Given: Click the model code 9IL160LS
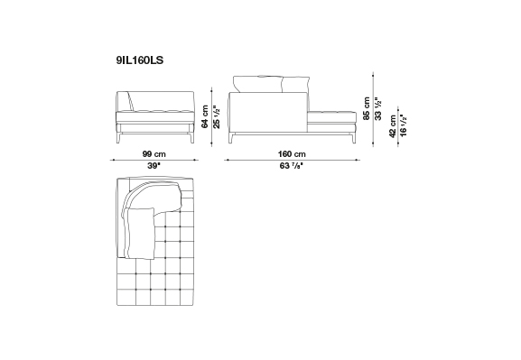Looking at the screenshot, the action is [140, 60].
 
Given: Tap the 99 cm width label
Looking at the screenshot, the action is [154, 154].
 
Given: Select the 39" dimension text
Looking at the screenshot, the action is [154, 166].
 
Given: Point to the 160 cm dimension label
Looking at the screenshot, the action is [292, 154].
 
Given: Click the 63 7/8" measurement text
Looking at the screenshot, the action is [292, 166].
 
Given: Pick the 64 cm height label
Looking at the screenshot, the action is [205, 116].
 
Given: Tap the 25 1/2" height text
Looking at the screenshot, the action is [217, 117].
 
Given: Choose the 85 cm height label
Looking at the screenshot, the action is [367, 108].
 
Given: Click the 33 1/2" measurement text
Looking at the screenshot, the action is [378, 108].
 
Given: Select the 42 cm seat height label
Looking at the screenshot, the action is [393, 126].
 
